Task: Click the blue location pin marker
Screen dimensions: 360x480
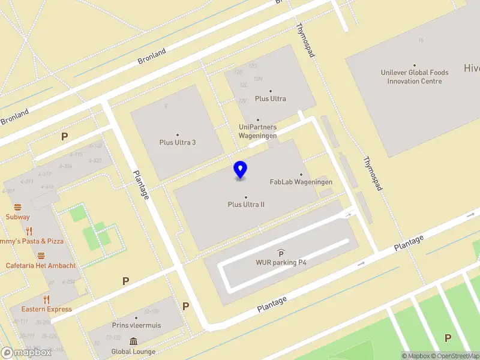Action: pyautogui.click(x=240, y=170)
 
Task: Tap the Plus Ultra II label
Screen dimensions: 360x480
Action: pyautogui.click(x=246, y=205)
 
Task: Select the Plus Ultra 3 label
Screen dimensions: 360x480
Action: pyautogui.click(x=178, y=142)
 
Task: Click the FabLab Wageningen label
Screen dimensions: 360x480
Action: pyautogui.click(x=301, y=182)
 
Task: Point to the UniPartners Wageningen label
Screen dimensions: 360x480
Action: pyautogui.click(x=258, y=131)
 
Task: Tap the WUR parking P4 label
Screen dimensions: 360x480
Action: pyautogui.click(x=281, y=262)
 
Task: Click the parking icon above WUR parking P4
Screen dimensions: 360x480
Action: pyautogui.click(x=281, y=253)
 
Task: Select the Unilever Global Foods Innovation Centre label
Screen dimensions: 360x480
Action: pyautogui.click(x=415, y=77)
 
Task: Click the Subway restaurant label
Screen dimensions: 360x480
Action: pyautogui.click(x=18, y=217)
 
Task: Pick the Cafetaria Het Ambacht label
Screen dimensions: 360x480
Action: pyautogui.click(x=41, y=265)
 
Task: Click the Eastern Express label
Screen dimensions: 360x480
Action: pyautogui.click(x=46, y=309)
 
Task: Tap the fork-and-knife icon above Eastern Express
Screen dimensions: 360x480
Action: pyautogui.click(x=46, y=299)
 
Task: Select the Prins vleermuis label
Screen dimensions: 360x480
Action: pyautogui.click(x=136, y=325)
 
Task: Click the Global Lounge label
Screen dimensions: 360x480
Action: pyautogui.click(x=133, y=352)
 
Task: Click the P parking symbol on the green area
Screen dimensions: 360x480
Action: pyautogui.click(x=448, y=338)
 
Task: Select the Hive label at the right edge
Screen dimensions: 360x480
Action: pyautogui.click(x=472, y=68)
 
